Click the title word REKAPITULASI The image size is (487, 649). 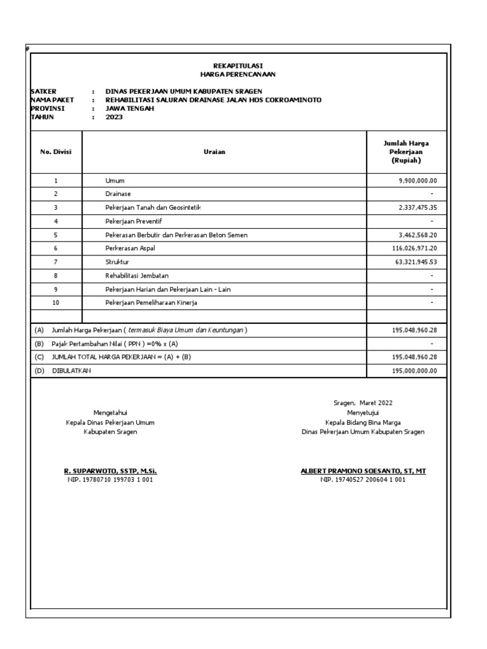click(x=238, y=66)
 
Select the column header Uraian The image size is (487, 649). click(x=224, y=152)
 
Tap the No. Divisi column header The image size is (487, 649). click(x=56, y=152)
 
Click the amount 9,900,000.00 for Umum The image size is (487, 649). click(x=418, y=181)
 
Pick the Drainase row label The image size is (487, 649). click(x=118, y=194)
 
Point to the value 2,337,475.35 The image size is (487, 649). click(x=418, y=208)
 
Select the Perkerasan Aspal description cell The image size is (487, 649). click(x=130, y=248)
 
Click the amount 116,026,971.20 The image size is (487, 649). click(x=415, y=248)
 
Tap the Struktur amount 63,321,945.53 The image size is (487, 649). click(x=417, y=262)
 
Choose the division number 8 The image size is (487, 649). click(x=56, y=276)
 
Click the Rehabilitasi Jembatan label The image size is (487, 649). click(x=137, y=276)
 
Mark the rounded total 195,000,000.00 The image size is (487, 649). click(x=415, y=371)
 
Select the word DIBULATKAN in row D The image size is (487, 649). click(x=72, y=371)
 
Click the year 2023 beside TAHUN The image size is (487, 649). click(x=114, y=117)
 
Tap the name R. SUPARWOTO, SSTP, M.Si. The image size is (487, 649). click(x=110, y=472)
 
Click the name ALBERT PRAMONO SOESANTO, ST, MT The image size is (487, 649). click(x=363, y=472)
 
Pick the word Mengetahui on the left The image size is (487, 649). click(x=110, y=412)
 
